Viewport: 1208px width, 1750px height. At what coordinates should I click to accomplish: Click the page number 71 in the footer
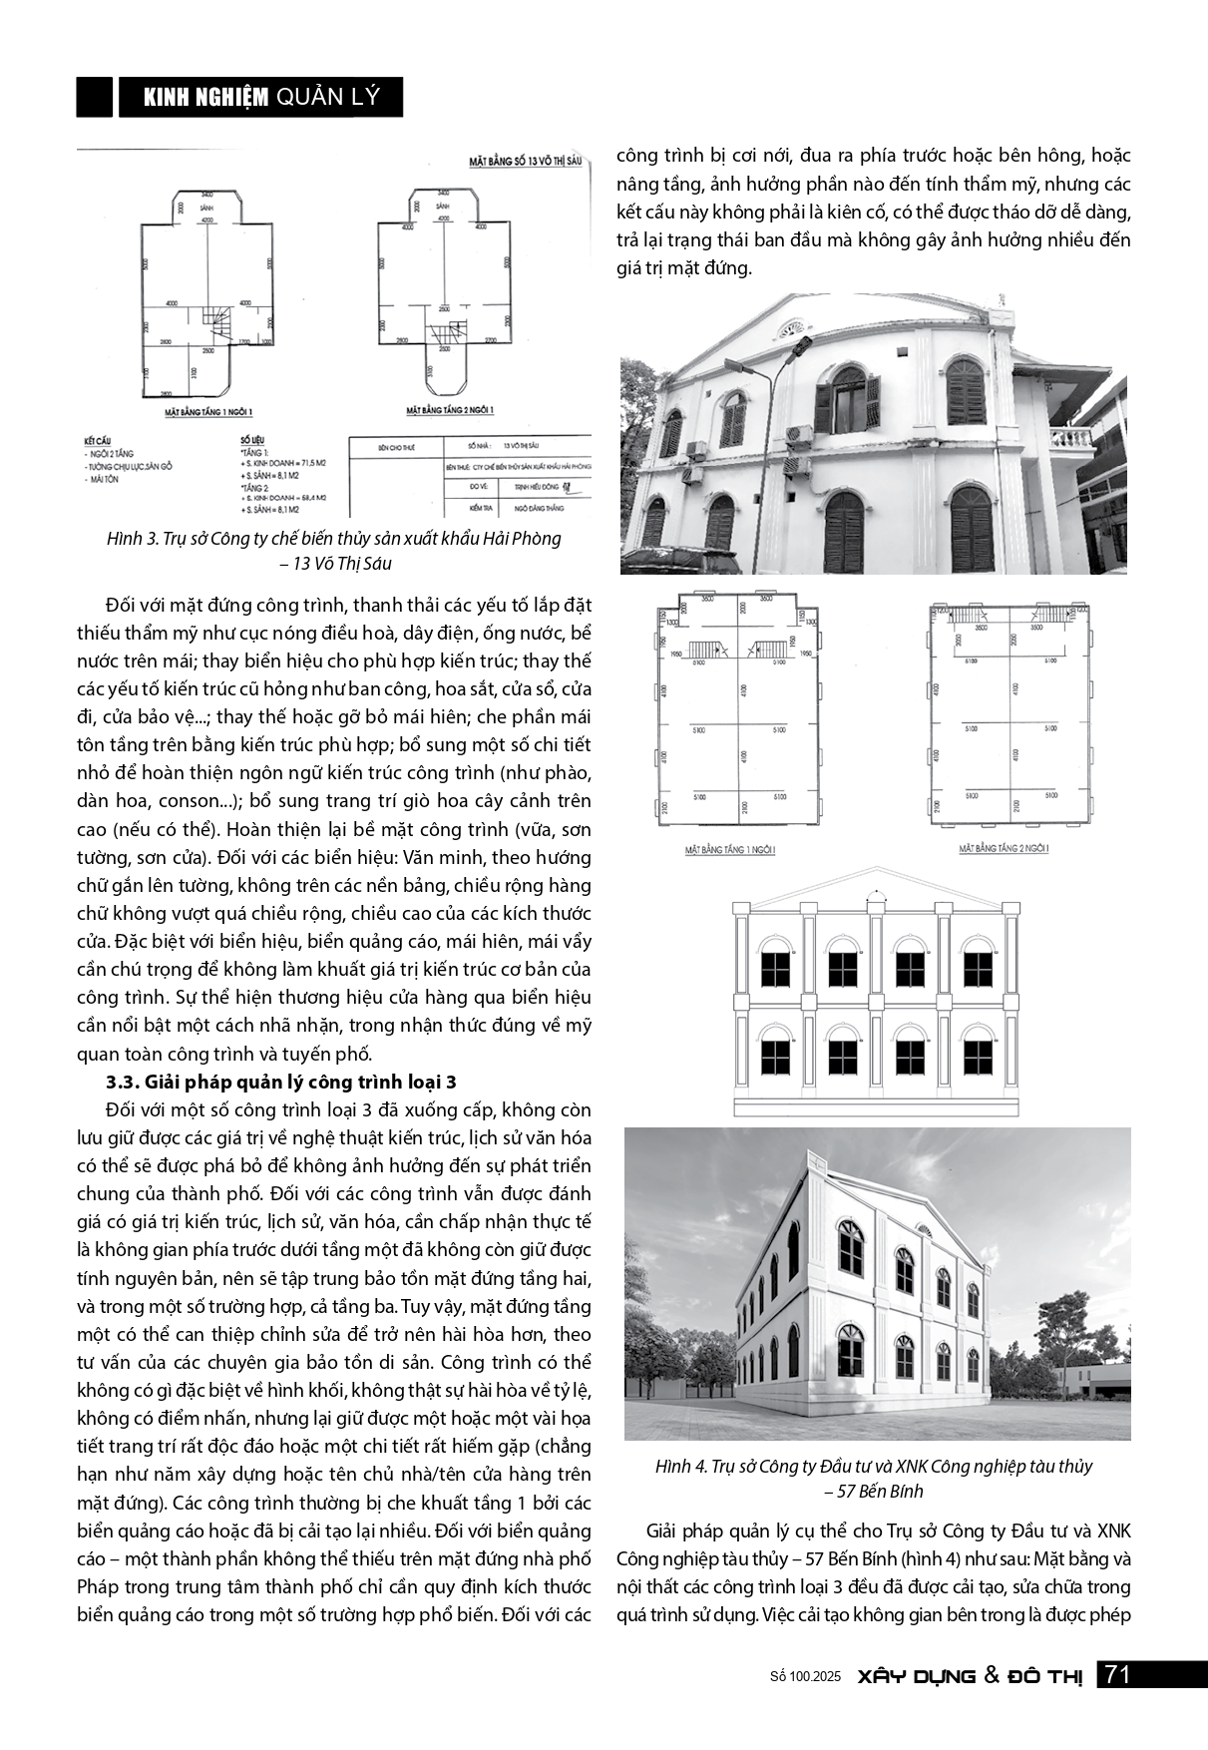(x=1117, y=1675)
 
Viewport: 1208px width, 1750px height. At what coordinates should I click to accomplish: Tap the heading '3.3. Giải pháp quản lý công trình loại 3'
(x=281, y=1082)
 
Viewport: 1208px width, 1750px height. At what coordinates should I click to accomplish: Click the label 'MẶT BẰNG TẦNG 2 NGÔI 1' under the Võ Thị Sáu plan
(x=450, y=409)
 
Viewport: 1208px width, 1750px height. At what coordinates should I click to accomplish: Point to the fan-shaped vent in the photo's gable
(x=792, y=327)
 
